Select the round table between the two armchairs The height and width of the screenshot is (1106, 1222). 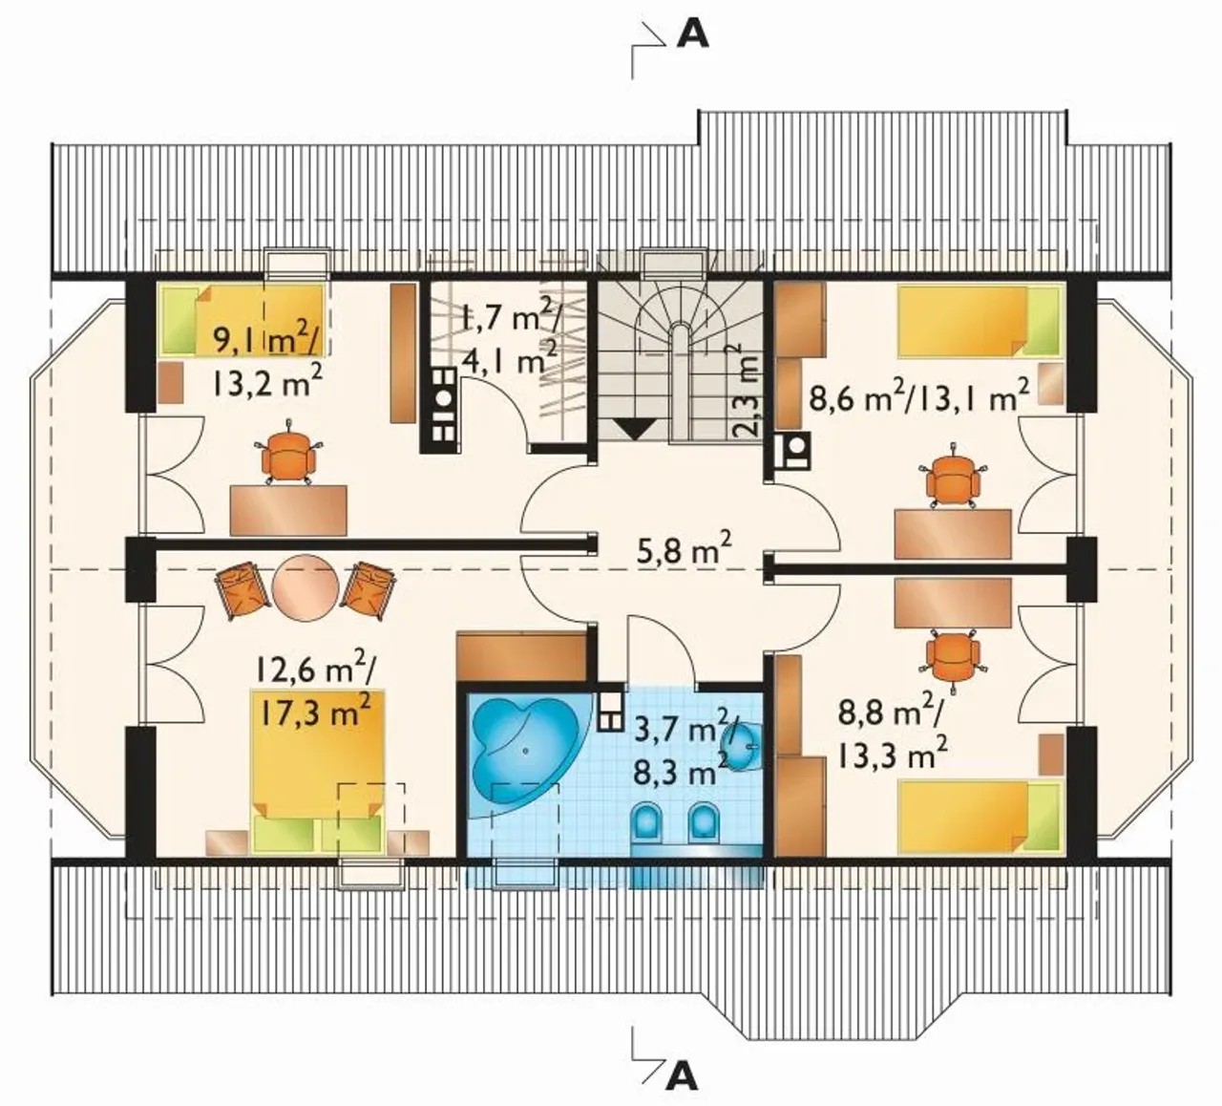(305, 587)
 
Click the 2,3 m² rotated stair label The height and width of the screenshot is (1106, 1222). (743, 391)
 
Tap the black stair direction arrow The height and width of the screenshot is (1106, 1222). (636, 429)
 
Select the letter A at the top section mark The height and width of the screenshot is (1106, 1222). (693, 36)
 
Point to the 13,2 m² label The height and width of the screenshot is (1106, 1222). (267, 384)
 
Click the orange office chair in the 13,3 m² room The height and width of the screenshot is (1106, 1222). (954, 658)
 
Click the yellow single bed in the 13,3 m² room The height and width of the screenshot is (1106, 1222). (980, 815)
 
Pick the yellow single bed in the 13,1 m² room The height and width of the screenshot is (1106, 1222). (980, 321)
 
